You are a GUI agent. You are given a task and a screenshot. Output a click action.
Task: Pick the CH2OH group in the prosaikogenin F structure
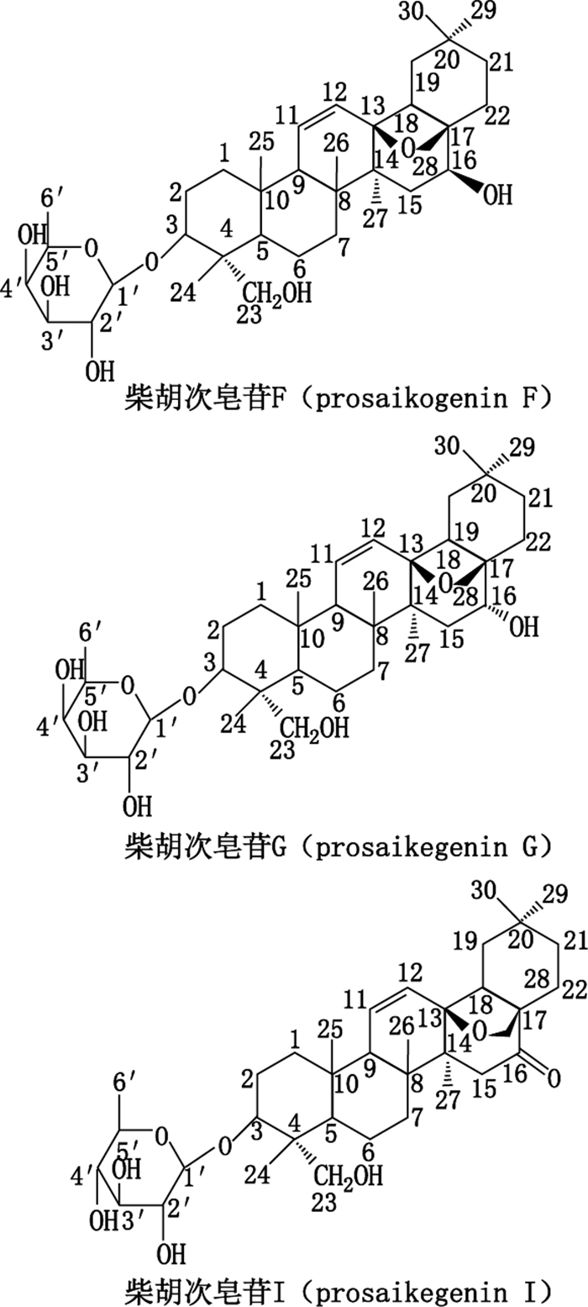point(266,294)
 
